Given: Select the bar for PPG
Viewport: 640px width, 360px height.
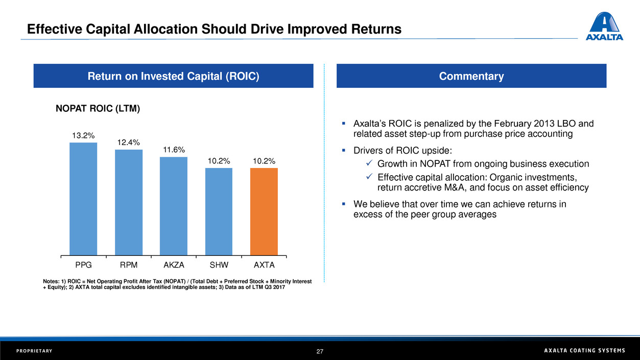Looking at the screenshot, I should (x=83, y=199).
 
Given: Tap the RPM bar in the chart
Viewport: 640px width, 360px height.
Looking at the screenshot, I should (x=129, y=202).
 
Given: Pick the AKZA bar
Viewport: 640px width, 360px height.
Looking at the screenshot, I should (x=174, y=206).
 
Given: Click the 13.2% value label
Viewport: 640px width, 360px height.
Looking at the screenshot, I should (x=83, y=135).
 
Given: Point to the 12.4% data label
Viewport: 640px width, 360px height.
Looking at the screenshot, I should (x=128, y=142).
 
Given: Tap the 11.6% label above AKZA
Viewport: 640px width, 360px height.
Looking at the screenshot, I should (x=174, y=150).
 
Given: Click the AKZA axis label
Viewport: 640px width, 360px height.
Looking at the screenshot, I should (x=174, y=266).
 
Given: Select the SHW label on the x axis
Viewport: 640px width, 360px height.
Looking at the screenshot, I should (x=219, y=266).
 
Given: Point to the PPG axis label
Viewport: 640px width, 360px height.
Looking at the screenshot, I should (x=83, y=266).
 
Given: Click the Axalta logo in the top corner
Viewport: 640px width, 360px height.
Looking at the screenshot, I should (x=604, y=26).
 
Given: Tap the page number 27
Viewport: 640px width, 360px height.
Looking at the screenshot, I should (x=320, y=351).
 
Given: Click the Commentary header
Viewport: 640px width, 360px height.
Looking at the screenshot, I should (x=471, y=76).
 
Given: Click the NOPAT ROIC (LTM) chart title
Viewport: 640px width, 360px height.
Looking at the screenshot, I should (x=97, y=108).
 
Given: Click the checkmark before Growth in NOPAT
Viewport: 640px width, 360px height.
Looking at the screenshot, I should (x=370, y=164).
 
